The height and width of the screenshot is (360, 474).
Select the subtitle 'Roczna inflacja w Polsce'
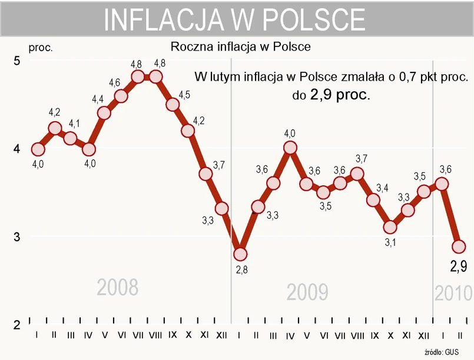[x=240, y=46]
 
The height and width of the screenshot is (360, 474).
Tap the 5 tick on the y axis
[x=17, y=61]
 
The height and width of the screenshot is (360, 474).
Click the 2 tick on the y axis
[x=17, y=325]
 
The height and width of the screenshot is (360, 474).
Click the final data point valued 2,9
[x=459, y=246]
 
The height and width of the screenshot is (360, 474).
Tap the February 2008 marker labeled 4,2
[x=55, y=128]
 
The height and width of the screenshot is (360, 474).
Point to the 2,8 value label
[x=240, y=270]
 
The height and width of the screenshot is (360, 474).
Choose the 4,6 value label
[x=115, y=83]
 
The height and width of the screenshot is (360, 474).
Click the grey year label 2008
[x=118, y=288]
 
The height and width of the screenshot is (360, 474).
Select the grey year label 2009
[x=307, y=292]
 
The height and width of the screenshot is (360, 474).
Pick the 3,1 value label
[x=389, y=242]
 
